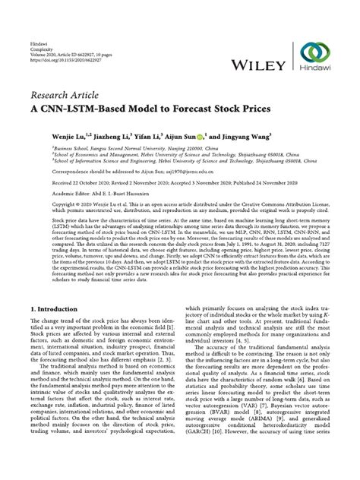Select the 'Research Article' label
66,96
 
